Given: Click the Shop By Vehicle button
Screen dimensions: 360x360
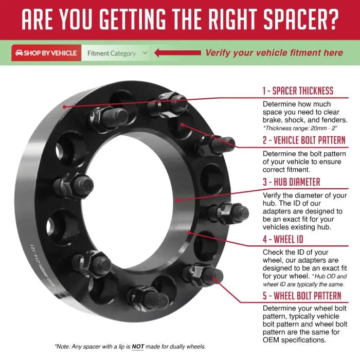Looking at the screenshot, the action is [x=46, y=53].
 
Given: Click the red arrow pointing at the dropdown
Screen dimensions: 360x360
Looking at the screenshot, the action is [x=177, y=53].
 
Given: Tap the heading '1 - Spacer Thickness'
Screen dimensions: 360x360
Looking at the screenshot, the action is [x=298, y=91].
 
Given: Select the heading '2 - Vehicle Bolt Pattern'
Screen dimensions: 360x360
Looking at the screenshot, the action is [x=304, y=140].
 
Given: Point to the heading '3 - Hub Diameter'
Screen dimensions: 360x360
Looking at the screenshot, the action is [x=292, y=182].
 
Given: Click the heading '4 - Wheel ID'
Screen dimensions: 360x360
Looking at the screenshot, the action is [x=283, y=239].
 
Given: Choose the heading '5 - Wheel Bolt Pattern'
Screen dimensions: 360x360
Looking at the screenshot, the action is [x=302, y=296].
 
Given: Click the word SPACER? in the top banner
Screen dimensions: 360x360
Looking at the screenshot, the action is [x=301, y=19].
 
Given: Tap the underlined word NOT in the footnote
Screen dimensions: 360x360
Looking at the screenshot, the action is [x=138, y=347].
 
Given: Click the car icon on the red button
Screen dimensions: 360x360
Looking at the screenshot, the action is [x=19, y=53].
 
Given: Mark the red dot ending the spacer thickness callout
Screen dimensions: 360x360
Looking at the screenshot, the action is [x=65, y=107].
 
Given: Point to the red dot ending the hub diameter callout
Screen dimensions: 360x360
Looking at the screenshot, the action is [x=177, y=201].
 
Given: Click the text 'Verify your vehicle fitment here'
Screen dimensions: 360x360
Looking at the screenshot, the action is [x=274, y=53].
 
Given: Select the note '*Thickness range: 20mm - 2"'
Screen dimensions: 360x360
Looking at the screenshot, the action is [x=300, y=128].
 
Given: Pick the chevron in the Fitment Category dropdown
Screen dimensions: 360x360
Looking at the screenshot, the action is [x=145, y=53].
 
